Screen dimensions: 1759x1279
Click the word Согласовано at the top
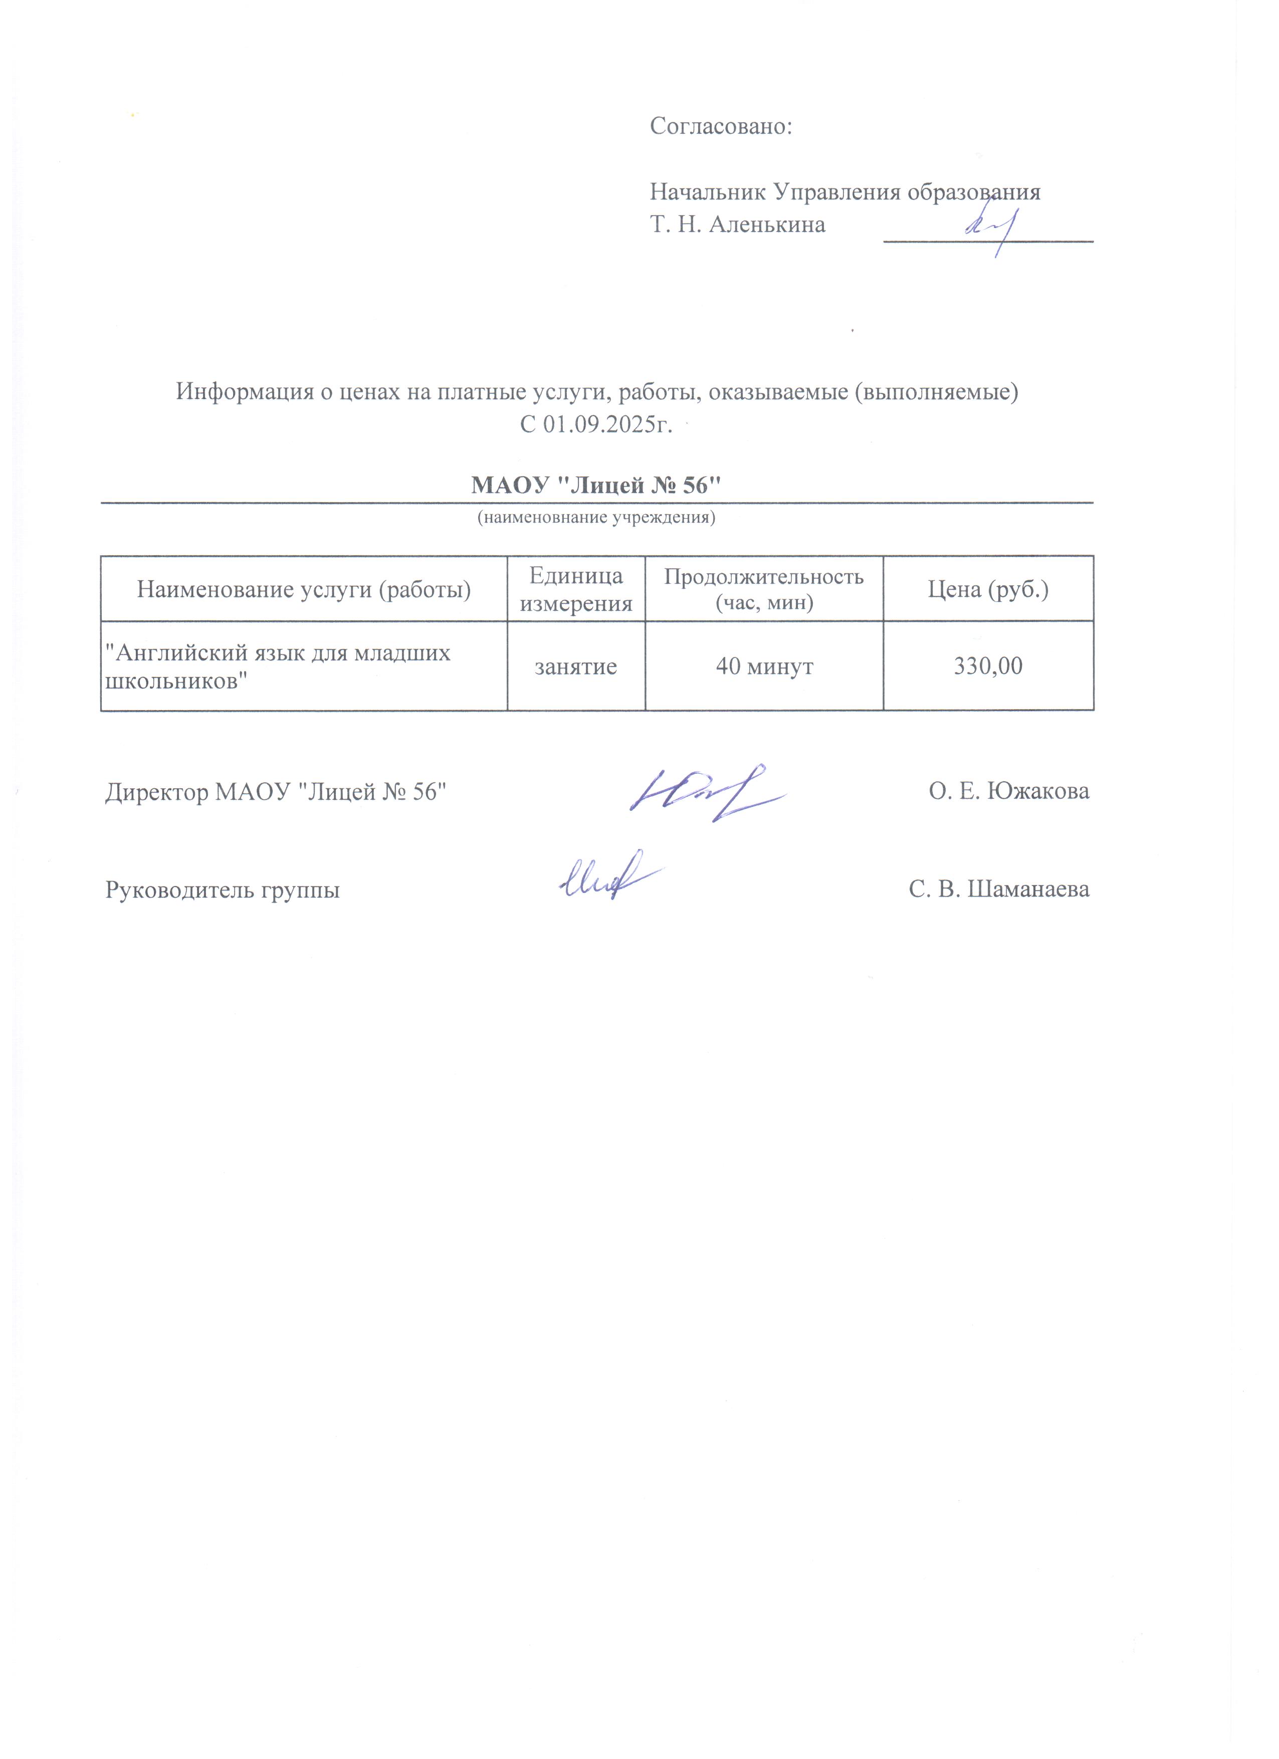(x=720, y=126)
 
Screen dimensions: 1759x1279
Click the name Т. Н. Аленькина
(x=737, y=225)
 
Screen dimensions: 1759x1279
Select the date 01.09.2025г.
(x=605, y=426)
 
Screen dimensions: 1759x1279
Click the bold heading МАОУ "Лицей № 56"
(x=596, y=486)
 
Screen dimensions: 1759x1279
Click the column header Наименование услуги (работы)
(x=304, y=590)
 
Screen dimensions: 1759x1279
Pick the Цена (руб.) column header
(x=988, y=590)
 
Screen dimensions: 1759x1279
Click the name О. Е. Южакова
(x=1008, y=791)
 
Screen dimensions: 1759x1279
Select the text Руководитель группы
(x=223, y=889)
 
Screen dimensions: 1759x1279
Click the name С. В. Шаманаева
(x=999, y=889)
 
